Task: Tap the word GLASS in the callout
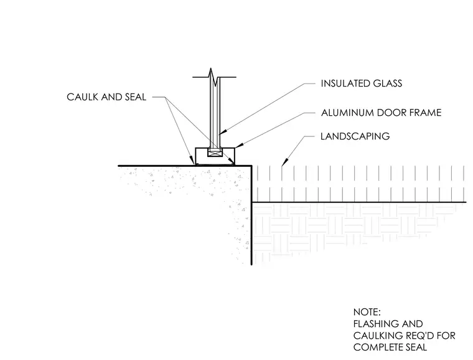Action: pos(388,83)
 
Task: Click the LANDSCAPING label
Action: pos(355,136)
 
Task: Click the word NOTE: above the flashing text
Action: pos(367,311)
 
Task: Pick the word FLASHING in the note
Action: pos(373,324)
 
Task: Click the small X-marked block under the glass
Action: pos(214,153)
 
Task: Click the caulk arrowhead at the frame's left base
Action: pos(192,160)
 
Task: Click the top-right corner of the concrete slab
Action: pos(251,166)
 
